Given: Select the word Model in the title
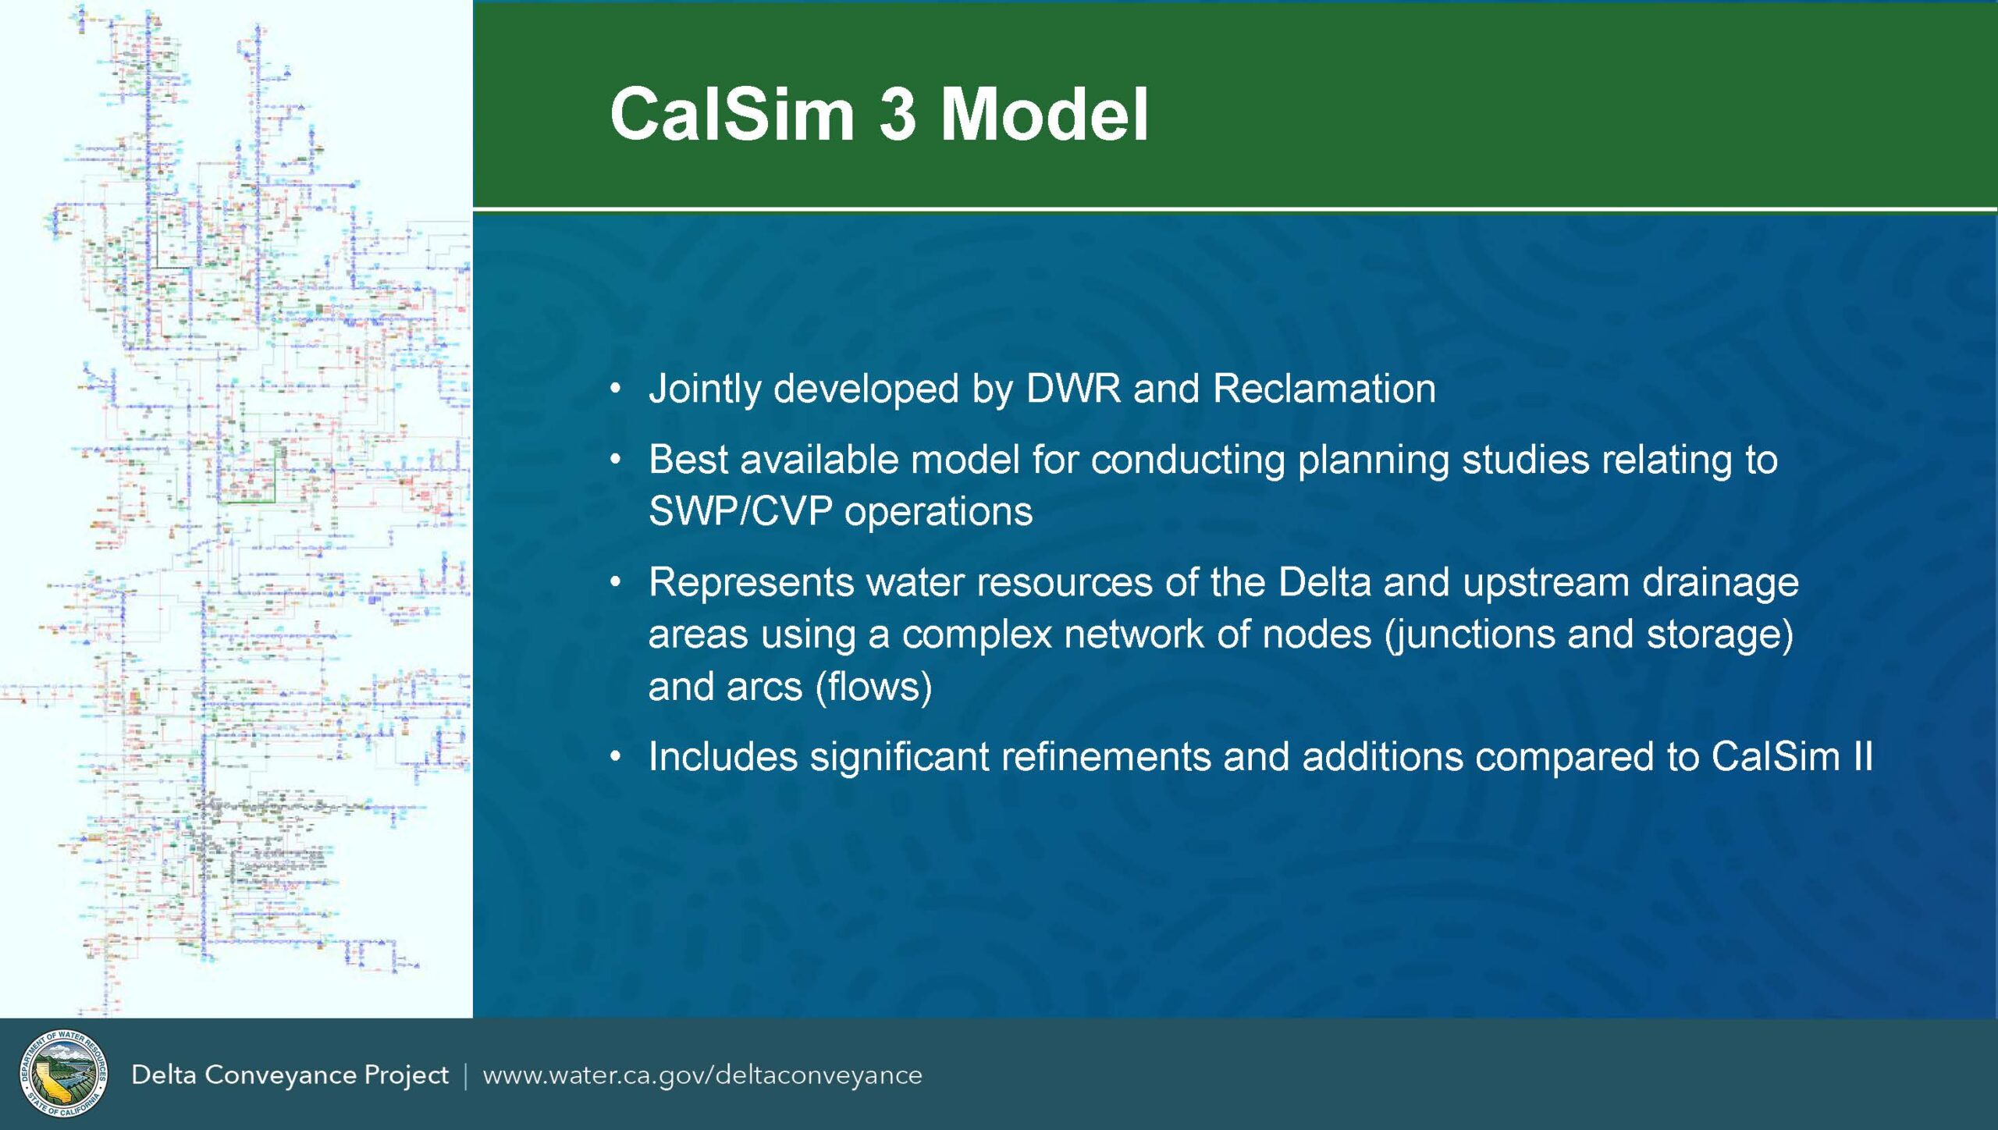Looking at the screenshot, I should (x=1043, y=115).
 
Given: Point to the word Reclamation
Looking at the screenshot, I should (x=1324, y=389).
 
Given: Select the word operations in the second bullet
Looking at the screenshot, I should (x=938, y=512).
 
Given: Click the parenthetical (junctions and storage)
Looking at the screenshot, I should (x=1589, y=634).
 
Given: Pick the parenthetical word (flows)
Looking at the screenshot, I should (x=873, y=687).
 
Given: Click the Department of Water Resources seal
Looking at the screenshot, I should (x=63, y=1074).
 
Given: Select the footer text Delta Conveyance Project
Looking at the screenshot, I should (x=290, y=1075).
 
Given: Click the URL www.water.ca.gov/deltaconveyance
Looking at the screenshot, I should (x=702, y=1075).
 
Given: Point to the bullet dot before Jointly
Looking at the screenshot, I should (x=616, y=389).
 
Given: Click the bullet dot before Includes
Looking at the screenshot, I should (x=616, y=757).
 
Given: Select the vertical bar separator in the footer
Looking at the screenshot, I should (x=466, y=1075).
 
